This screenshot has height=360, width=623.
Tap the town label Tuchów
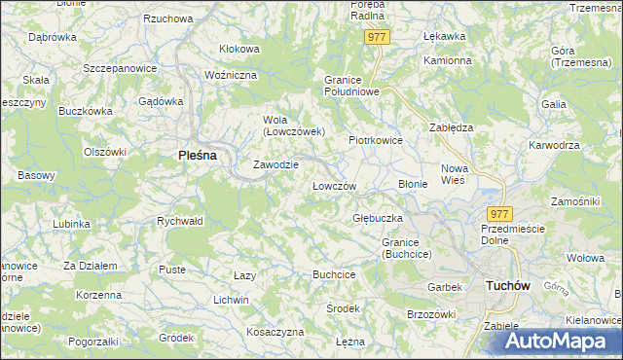(x=506, y=285)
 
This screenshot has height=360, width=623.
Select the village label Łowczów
(x=334, y=185)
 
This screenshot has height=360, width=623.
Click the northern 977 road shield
(x=378, y=37)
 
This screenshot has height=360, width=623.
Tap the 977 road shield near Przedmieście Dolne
(x=498, y=214)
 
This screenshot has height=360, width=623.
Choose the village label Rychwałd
(x=179, y=221)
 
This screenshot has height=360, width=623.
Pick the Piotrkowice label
(x=376, y=140)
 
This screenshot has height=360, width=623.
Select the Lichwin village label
(x=232, y=300)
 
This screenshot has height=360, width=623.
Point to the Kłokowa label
(x=239, y=49)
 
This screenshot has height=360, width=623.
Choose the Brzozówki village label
(x=431, y=313)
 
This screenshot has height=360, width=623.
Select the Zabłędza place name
(x=452, y=126)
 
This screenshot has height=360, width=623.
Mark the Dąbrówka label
(x=53, y=37)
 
